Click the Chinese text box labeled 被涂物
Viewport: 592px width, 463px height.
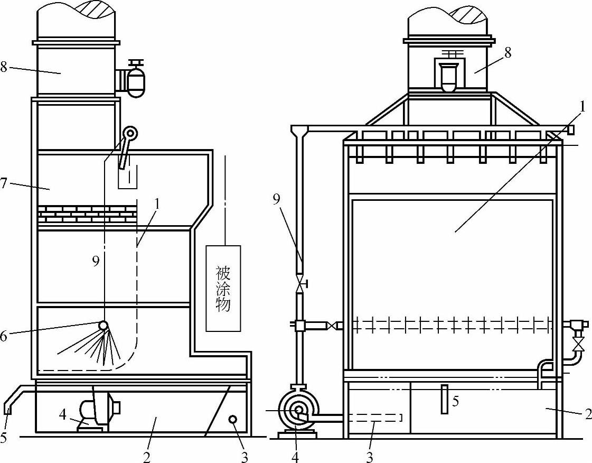223,288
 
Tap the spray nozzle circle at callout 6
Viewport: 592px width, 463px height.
102,325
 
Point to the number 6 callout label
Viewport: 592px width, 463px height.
4,335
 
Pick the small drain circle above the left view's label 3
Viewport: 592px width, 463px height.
232,419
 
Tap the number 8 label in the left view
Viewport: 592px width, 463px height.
4,67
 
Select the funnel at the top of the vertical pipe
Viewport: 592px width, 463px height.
300,130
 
